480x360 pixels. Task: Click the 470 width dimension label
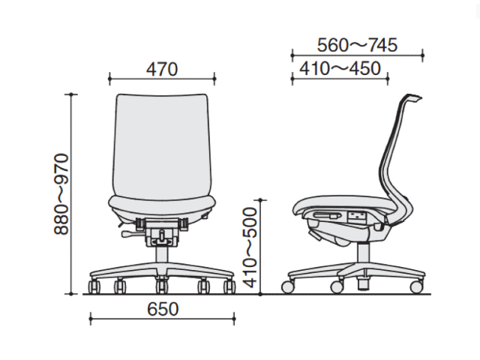pos(162,69)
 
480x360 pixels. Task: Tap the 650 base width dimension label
pos(163,309)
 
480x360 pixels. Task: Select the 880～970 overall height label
pos(61,194)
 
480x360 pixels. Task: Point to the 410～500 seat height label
pos(250,247)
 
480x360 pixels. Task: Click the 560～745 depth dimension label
pos(357,45)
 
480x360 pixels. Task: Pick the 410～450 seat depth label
pos(340,68)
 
